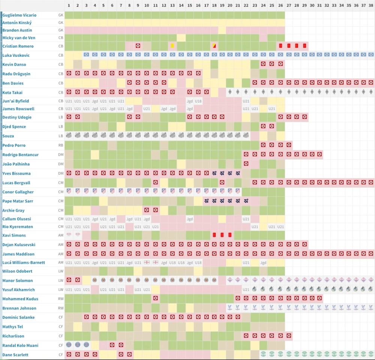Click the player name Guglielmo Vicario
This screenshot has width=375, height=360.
tap(19, 15)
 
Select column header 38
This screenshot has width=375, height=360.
tap(370, 5)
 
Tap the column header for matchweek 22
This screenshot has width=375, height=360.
tap(246, 5)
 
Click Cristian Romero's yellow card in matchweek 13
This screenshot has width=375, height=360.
tap(172, 46)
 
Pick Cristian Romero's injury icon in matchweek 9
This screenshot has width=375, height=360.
tap(138, 46)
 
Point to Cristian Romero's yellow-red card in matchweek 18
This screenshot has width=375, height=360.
tap(214, 46)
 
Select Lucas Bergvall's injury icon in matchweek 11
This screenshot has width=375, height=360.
tap(155, 183)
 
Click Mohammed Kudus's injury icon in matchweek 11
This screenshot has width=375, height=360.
tap(155, 298)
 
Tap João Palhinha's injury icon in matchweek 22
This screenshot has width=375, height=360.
tap(246, 164)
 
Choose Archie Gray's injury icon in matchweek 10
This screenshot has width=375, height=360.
tap(147, 210)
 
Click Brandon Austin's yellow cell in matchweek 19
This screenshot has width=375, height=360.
tap(222, 30)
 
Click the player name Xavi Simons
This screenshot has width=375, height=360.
tap(14, 235)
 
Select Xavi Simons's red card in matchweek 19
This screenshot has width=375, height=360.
tap(222, 235)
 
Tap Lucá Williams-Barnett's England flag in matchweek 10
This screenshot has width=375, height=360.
tap(147, 262)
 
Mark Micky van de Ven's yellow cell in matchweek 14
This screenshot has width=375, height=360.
tap(181, 38)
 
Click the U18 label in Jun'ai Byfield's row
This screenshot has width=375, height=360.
tap(198, 101)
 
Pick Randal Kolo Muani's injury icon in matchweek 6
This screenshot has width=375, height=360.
tap(112, 345)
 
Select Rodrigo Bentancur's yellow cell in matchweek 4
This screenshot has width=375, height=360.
tap(95, 154)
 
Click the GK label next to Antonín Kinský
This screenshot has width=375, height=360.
tap(61, 23)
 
